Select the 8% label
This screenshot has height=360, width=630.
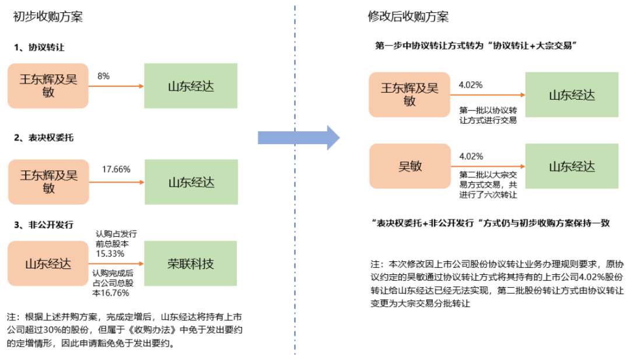tap(103, 76)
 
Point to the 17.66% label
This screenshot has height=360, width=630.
tap(116, 169)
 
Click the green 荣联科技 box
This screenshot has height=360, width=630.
tap(190, 264)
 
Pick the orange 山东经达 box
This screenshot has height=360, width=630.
tap(48, 264)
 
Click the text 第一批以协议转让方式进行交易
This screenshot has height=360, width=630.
tap(488, 116)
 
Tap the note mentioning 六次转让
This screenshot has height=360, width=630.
tap(488, 185)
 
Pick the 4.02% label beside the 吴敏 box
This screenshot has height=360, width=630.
tap(471, 157)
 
